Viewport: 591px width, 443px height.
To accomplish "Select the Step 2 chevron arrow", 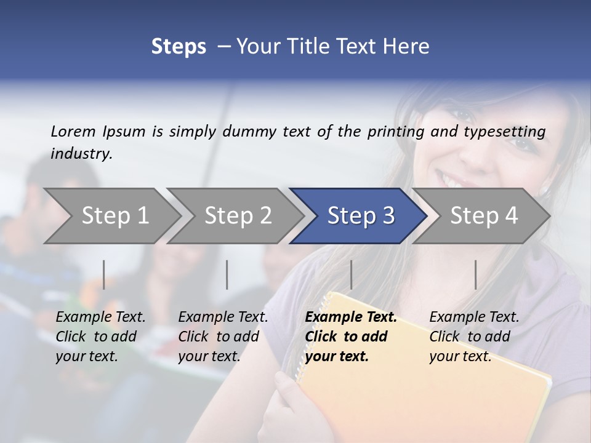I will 238,216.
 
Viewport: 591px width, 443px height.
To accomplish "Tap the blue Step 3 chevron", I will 361,216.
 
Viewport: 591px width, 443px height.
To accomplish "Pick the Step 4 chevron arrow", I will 484,216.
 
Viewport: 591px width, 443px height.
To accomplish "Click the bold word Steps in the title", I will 179,47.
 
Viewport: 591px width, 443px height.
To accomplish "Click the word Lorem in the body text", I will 73,131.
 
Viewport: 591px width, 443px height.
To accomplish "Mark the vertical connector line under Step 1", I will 104,274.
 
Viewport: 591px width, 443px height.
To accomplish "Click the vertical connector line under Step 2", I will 227,274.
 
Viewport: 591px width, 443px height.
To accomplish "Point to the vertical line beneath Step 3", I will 351,274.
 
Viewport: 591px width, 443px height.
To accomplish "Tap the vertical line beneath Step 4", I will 475,274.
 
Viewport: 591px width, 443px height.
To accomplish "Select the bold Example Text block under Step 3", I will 350,337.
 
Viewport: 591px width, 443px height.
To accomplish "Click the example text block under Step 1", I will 100,337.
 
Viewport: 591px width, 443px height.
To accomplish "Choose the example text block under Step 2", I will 223,337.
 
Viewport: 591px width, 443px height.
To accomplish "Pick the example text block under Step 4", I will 474,337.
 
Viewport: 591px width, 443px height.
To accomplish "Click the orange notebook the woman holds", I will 431,394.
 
